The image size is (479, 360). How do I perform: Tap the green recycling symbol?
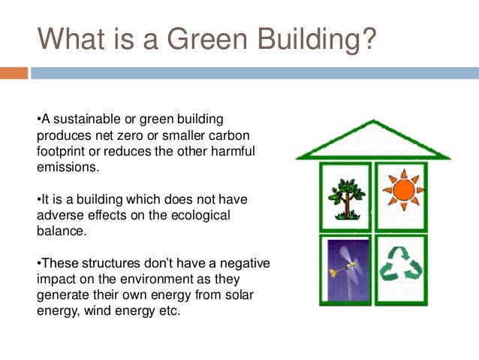point(401,264)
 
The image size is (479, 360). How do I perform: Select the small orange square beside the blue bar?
point(14,73)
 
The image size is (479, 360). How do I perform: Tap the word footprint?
point(64,152)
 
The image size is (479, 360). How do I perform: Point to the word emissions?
point(68,168)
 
